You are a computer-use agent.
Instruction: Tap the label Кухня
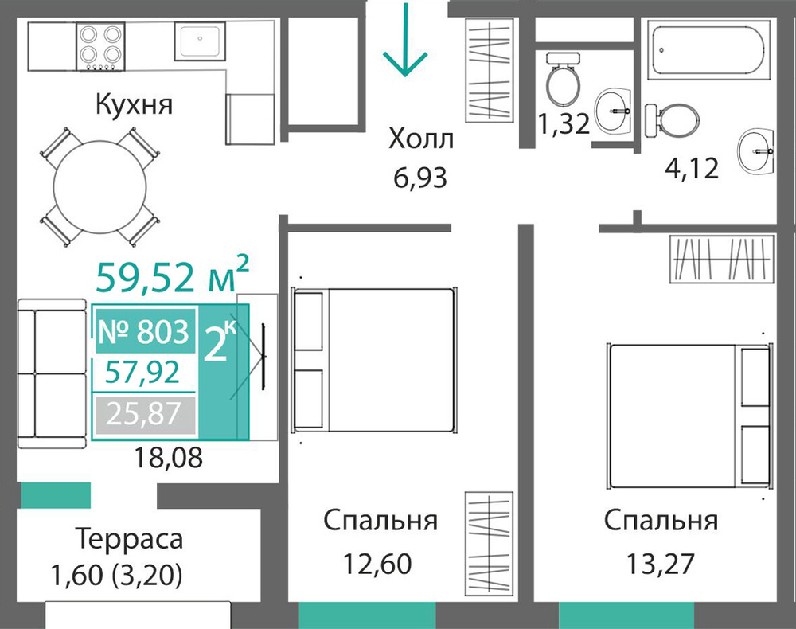pos(134,104)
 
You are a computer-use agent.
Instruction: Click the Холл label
pos(421,139)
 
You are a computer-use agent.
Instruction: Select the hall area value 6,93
pos(420,178)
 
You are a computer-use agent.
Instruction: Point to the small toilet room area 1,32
pos(564,123)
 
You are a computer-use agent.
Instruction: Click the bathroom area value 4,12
pos(692,168)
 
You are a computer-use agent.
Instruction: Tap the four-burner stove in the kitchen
pos(100,46)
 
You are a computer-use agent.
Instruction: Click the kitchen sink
pos(200,41)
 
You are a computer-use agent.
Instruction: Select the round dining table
pos(100,187)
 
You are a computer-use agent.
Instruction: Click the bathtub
pos(708,50)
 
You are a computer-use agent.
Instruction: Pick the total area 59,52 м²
pos(173,275)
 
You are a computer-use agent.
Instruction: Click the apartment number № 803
pos(143,331)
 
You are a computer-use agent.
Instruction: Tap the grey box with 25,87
pos(143,414)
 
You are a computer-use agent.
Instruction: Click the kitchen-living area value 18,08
pos(168,457)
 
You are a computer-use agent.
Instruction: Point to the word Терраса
pos(129,539)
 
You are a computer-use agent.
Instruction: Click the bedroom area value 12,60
pos(377,564)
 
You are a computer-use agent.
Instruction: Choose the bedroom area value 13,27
pos(661,564)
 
